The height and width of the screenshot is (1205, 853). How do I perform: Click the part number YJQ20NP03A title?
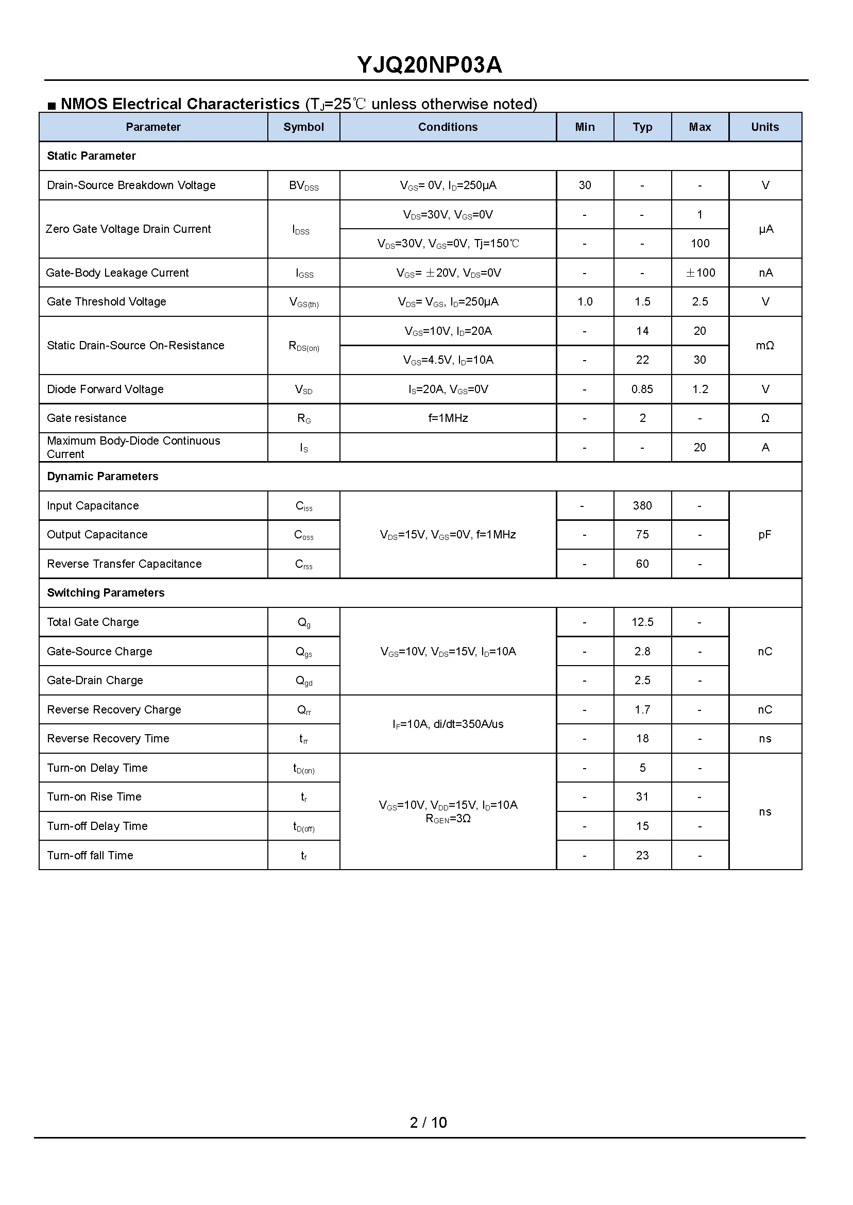tap(429, 65)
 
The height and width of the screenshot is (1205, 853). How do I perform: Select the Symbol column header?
tap(303, 127)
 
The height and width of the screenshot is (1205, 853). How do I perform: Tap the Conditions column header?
tap(448, 127)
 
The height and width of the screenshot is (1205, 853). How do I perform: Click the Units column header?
tap(765, 127)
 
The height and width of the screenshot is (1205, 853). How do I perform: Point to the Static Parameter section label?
tap(91, 156)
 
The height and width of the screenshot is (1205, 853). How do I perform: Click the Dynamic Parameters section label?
tap(103, 477)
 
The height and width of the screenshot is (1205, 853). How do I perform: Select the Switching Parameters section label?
tap(106, 593)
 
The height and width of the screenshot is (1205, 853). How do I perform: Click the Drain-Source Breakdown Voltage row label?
tap(131, 185)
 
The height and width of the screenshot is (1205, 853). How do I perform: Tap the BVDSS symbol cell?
tap(303, 186)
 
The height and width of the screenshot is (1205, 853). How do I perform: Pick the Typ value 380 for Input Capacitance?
tap(642, 506)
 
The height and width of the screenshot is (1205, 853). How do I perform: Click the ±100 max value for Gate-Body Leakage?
tap(700, 273)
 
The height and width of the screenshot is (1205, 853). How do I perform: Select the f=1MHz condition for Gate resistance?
tap(448, 418)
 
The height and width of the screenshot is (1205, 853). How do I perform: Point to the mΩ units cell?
tap(765, 346)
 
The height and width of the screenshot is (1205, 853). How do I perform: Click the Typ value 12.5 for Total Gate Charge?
tap(642, 622)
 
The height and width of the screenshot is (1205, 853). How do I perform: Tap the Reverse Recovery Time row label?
tap(108, 739)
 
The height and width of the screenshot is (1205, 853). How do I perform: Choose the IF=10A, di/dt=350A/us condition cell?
tap(448, 724)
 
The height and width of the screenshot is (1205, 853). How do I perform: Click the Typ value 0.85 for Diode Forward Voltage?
tap(642, 389)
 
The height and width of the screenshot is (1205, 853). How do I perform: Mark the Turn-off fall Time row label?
tap(90, 855)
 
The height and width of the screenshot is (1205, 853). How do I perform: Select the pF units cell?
tap(765, 535)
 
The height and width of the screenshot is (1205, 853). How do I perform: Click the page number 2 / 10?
tap(428, 1123)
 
